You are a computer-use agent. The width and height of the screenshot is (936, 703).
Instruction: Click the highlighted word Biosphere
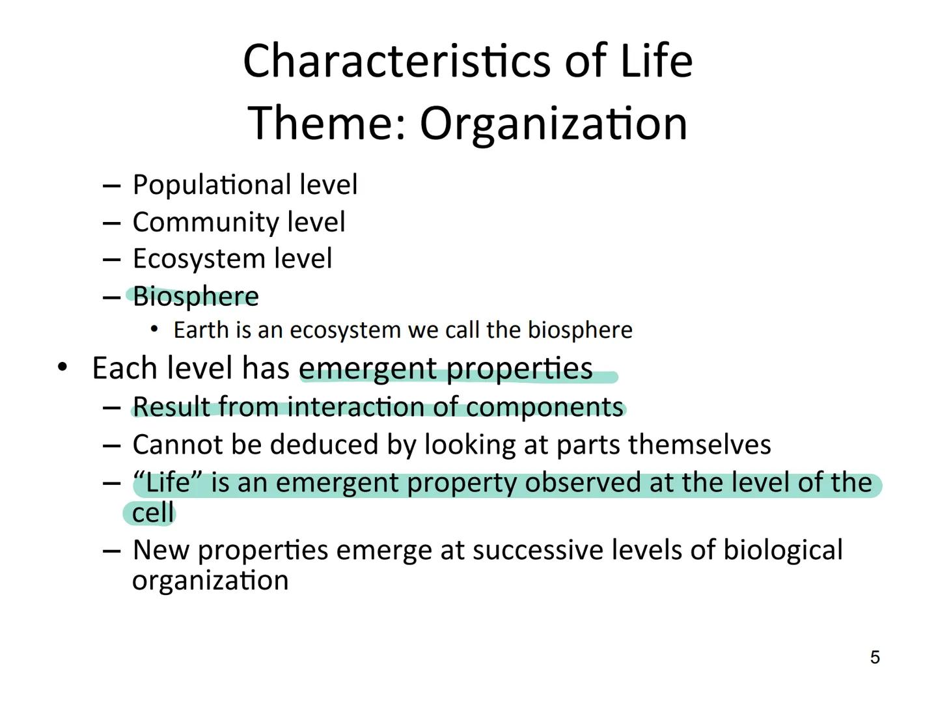click(196, 297)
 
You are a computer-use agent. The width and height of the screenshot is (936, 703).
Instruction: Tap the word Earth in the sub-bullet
click(192, 330)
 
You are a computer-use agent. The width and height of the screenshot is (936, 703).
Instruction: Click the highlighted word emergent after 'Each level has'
click(368, 369)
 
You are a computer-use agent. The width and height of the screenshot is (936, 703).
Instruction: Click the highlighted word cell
click(152, 513)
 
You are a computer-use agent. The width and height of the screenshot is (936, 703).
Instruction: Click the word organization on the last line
click(210, 581)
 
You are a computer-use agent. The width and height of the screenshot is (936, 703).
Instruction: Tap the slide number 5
click(875, 657)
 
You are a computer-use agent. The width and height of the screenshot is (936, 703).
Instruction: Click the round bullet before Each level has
click(62, 368)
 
